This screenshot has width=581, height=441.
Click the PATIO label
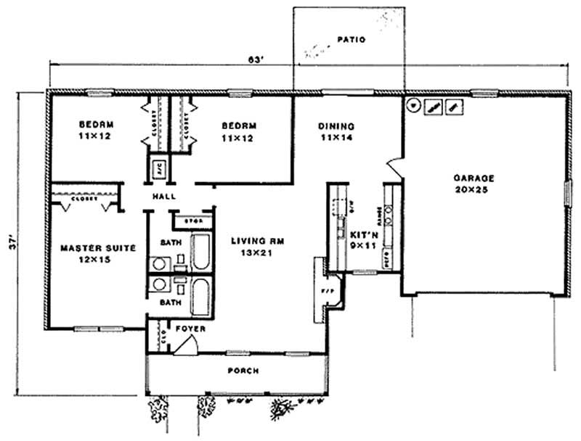coord(352,39)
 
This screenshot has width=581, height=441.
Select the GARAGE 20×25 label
coord(474,182)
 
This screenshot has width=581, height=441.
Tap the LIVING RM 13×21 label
coord(251,247)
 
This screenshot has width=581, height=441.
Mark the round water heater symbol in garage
coord(413,105)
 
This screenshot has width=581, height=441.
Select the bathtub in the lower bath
coord(200,296)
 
